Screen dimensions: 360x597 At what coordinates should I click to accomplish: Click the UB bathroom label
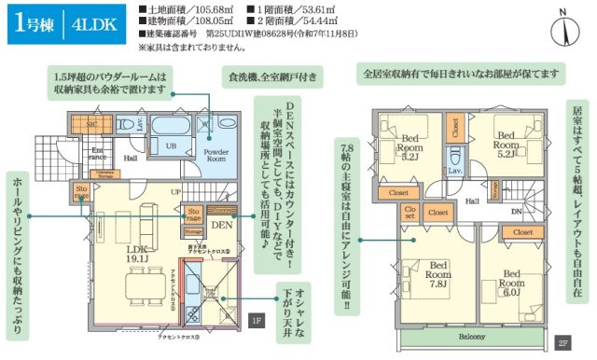172,145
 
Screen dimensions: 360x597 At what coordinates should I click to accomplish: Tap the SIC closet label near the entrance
93,123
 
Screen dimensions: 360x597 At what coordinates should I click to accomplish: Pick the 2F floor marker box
562,340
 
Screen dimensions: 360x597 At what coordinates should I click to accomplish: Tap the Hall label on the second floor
473,199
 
